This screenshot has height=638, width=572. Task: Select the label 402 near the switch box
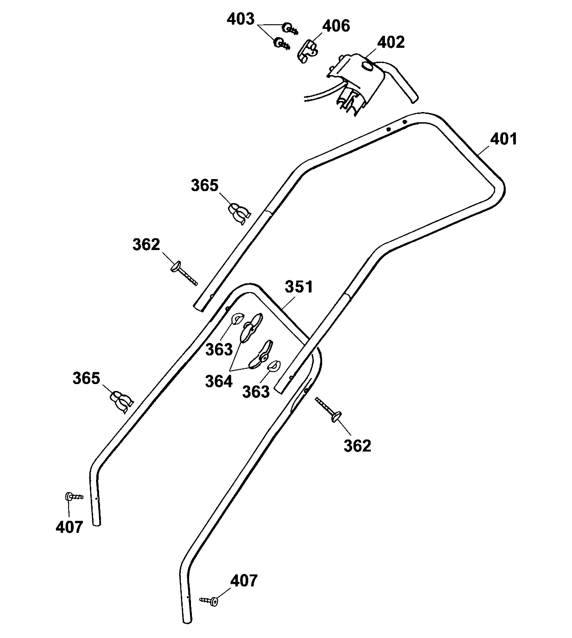tap(391, 43)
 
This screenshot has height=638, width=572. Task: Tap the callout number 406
tap(336, 26)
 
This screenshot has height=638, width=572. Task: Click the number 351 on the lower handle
tap(299, 287)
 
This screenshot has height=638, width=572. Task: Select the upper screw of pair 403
tap(289, 29)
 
